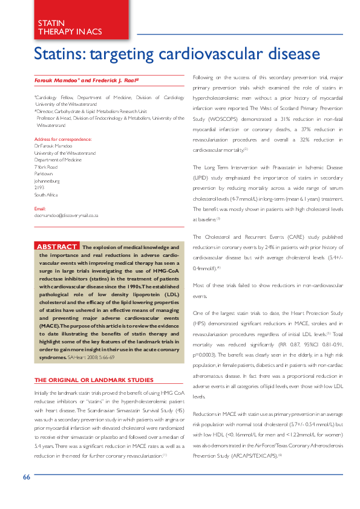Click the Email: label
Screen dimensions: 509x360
40,209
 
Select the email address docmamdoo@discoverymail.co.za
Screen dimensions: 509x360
67,215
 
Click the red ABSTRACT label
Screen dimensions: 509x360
57,247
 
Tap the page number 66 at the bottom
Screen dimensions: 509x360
27,493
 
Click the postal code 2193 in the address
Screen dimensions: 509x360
40,187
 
